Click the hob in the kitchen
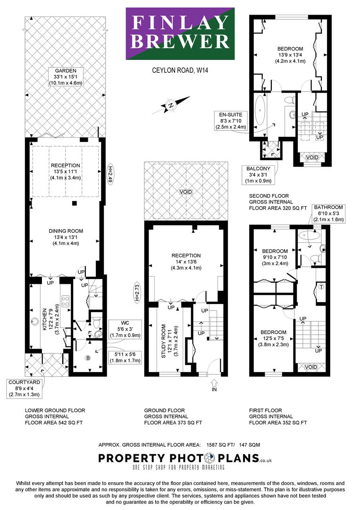[x=65, y=301]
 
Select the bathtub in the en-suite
[x=260, y=112]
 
